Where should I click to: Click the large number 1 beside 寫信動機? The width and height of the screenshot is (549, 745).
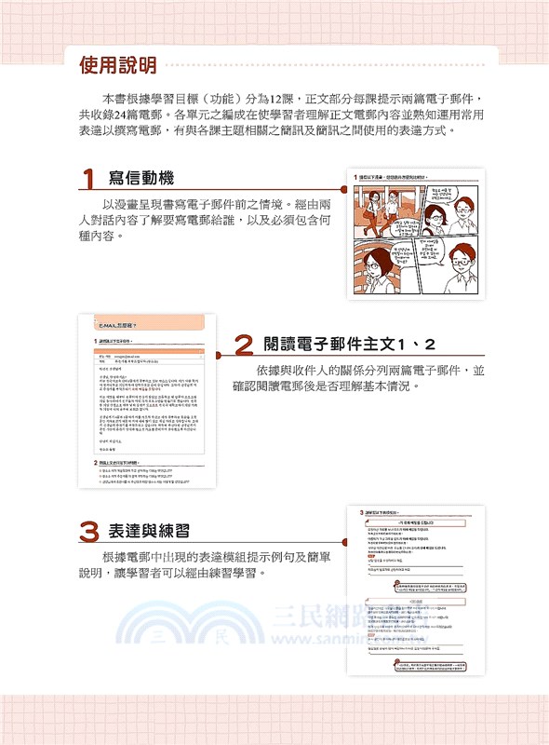click(89, 180)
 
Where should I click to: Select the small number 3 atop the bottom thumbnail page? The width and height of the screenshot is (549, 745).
click(361, 512)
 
